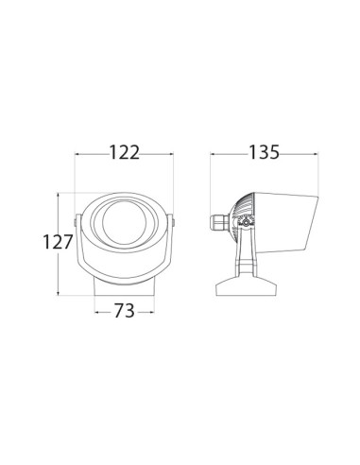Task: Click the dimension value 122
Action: coord(124,152)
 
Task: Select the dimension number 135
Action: coord(264,152)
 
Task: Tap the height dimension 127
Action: coord(58,242)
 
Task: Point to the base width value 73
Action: coord(124,311)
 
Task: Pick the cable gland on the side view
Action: coord(219,222)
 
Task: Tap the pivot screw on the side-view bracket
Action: coord(246,223)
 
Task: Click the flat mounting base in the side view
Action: coord(247,286)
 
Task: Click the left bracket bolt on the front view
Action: coord(75,222)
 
